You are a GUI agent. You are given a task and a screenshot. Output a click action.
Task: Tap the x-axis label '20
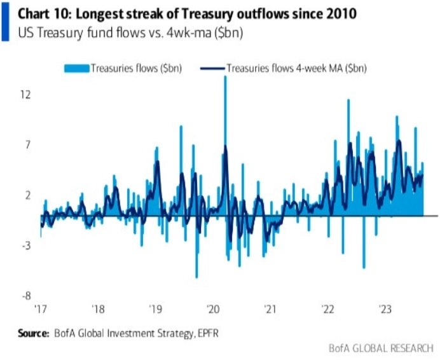pyautogui.click(x=213, y=310)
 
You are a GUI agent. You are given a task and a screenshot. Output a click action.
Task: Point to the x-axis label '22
pyautogui.click(x=328, y=310)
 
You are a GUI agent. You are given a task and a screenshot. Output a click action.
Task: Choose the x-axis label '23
pyautogui.click(x=385, y=310)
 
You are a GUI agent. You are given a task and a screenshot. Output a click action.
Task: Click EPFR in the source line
pyautogui.click(x=210, y=333)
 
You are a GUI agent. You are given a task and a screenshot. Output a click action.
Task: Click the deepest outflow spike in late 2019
pyautogui.click(x=196, y=277)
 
